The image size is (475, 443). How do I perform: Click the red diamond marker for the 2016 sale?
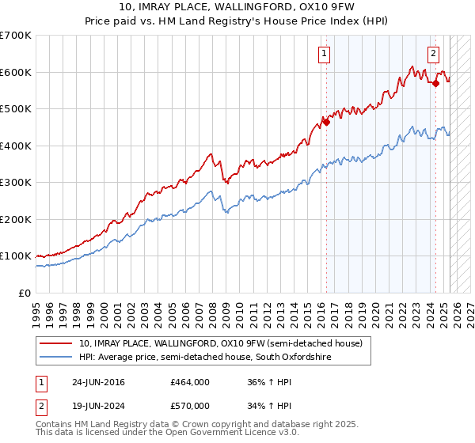(326, 122)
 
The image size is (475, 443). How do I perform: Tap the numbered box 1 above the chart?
(325, 54)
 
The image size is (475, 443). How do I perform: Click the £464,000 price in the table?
(190, 382)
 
